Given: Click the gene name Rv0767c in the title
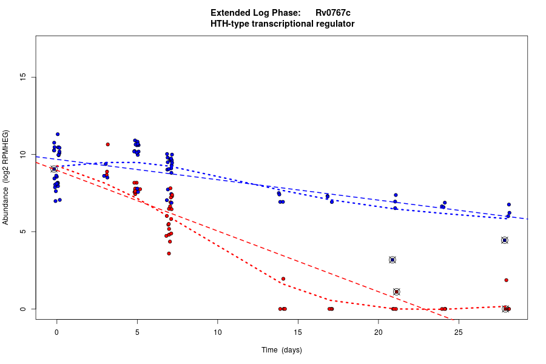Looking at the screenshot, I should (x=332, y=13).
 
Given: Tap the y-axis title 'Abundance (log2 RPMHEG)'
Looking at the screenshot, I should (x=6, y=177).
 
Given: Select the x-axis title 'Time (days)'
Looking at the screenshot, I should (x=281, y=350).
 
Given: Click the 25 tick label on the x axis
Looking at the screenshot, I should (x=458, y=332).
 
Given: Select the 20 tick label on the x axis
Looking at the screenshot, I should (x=378, y=332).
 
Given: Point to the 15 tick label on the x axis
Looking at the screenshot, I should (x=298, y=332).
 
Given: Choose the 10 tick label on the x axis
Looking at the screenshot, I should (x=217, y=332).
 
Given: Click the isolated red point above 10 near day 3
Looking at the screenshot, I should (x=107, y=144).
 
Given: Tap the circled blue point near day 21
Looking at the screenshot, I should (x=393, y=260).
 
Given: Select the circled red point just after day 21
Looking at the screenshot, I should (x=397, y=292).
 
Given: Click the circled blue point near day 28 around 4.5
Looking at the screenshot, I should (x=504, y=240).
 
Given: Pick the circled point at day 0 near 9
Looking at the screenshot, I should (x=54, y=169).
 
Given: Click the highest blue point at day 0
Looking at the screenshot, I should (x=58, y=134).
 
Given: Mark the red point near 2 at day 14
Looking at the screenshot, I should (x=283, y=279).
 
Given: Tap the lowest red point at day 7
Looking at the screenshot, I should (x=169, y=254).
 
